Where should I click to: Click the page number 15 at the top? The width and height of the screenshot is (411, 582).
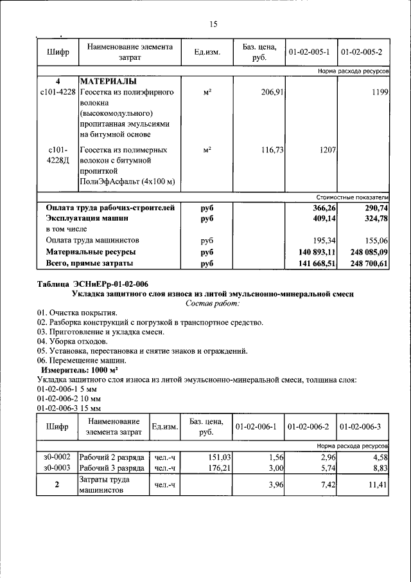point(213,24)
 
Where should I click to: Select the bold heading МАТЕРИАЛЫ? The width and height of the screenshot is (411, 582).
point(107,82)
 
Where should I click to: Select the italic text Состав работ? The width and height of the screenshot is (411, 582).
point(213,303)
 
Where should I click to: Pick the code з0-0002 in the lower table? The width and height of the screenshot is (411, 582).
point(58,457)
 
